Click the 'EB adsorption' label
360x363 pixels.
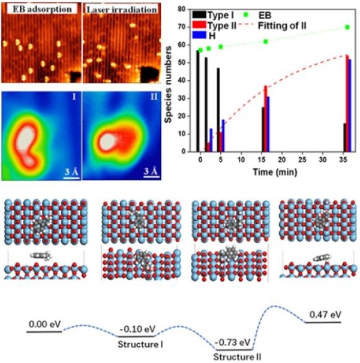click(39, 10)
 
